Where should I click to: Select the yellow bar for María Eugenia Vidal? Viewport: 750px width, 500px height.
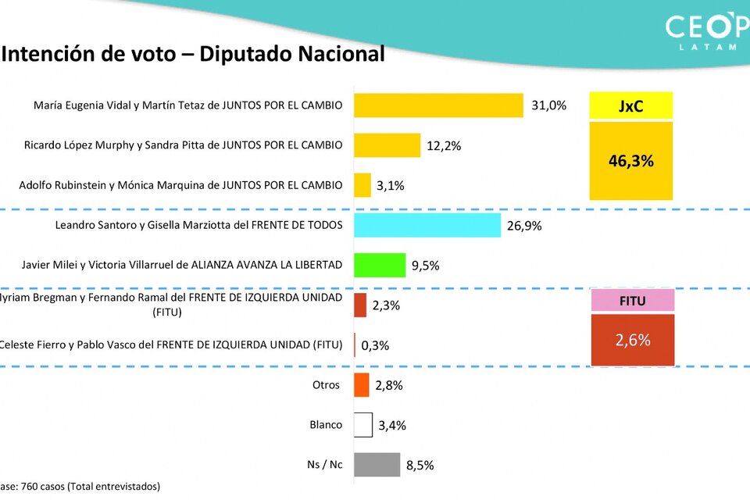click(x=438, y=105)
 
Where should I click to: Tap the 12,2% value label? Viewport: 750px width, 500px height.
click(x=444, y=145)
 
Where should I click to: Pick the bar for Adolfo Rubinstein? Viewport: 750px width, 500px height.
click(x=362, y=185)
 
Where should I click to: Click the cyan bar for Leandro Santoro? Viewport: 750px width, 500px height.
click(x=427, y=225)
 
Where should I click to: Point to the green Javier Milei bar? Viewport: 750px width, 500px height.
click(x=380, y=265)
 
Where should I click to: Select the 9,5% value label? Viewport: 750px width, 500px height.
click(x=426, y=266)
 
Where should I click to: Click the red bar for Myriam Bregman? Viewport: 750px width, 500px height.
click(x=360, y=305)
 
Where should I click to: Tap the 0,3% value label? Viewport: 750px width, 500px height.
click(x=375, y=345)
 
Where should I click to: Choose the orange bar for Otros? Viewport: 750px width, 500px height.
click(x=362, y=385)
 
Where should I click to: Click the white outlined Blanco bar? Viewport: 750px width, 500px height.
click(x=363, y=425)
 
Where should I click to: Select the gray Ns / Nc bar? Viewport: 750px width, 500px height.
click(x=377, y=465)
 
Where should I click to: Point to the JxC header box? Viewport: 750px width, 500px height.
click(x=630, y=106)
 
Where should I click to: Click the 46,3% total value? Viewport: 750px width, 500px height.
click(x=630, y=162)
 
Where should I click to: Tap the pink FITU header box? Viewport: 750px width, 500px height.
click(x=632, y=300)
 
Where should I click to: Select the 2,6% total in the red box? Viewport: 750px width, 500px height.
click(x=632, y=340)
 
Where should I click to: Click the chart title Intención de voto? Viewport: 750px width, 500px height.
click(x=193, y=54)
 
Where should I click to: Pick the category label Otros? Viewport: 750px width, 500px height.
click(x=327, y=384)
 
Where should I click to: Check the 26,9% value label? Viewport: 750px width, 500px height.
click(x=524, y=226)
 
